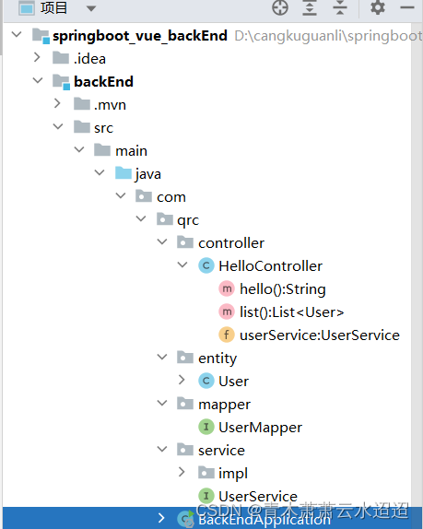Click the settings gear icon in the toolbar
[x=378, y=8]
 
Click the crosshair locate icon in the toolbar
[x=280, y=8]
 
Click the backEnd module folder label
[x=103, y=82]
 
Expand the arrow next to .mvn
[x=58, y=105]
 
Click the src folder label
[x=103, y=128]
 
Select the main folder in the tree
[x=131, y=151]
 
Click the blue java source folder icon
[x=123, y=174]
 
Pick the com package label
[x=170, y=197]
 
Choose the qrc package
[x=187, y=220]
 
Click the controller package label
[x=230, y=243]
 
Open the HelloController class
[x=270, y=266]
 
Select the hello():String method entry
[x=282, y=289]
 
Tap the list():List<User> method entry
[x=291, y=312]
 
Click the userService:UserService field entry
[x=319, y=335]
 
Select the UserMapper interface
[x=260, y=428]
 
